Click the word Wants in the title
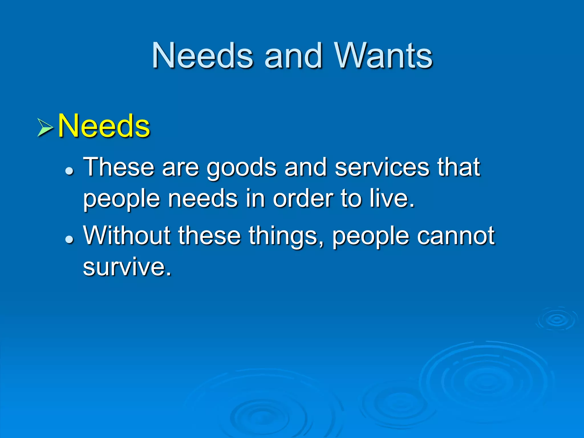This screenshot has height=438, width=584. [x=383, y=55]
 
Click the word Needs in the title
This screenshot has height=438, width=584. [x=202, y=55]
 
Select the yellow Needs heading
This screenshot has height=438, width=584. [x=104, y=126]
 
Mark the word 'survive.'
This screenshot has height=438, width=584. [x=127, y=267]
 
